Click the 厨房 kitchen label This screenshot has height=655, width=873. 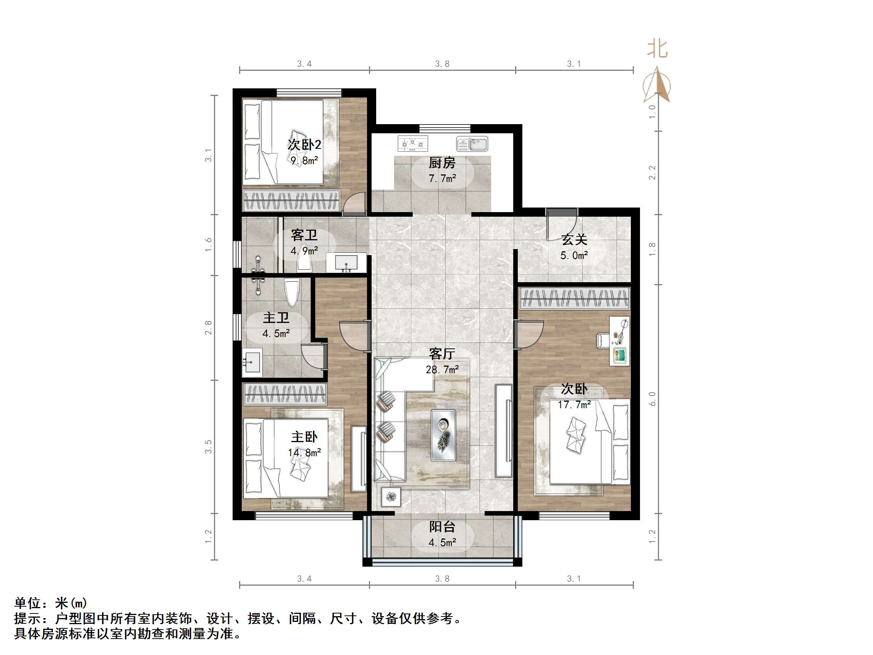pyautogui.click(x=442, y=163)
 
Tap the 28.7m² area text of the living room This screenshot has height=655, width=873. pyautogui.click(x=442, y=369)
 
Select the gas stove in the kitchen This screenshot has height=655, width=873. pyautogui.click(x=412, y=144)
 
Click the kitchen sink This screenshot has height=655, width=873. pyautogui.click(x=472, y=144)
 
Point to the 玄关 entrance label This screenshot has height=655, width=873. pyautogui.click(x=574, y=239)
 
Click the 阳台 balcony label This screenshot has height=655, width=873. pyautogui.click(x=442, y=527)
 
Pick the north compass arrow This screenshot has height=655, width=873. pyautogui.click(x=657, y=85)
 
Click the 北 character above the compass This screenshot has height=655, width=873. pyautogui.click(x=657, y=50)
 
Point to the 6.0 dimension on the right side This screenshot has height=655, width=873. pyautogui.click(x=652, y=399)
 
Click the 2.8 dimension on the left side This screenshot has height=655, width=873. pyautogui.click(x=208, y=328)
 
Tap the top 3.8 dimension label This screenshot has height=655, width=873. pyautogui.click(x=442, y=64)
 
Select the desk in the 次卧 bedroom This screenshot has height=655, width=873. pyautogui.click(x=619, y=340)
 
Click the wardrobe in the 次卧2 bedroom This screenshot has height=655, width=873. pyautogui.click(x=291, y=200)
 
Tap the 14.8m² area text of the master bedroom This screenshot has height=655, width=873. pyautogui.click(x=304, y=452)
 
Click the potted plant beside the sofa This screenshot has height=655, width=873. pyautogui.click(x=391, y=497)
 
